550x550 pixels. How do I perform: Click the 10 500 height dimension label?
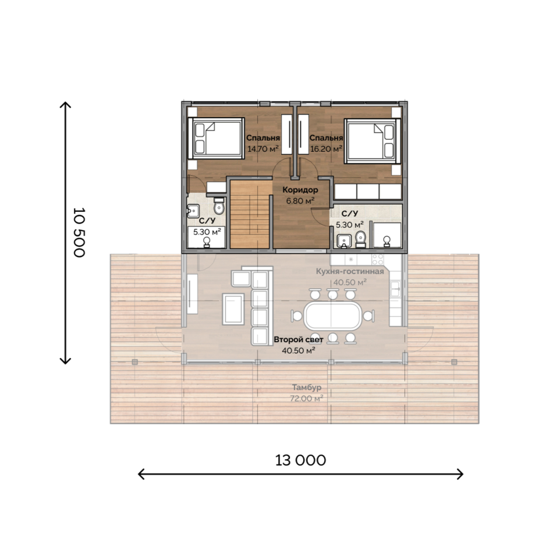79,233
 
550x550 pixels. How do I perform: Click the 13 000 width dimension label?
300,460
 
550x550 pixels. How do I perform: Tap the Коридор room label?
300,190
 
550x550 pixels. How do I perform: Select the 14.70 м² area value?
263,149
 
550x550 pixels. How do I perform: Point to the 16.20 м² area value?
326,149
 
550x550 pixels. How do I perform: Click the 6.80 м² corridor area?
300,201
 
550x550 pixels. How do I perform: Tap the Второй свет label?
299,339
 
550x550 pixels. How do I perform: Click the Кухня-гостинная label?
350,271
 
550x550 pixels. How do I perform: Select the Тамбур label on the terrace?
307,387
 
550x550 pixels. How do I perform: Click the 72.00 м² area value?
307,399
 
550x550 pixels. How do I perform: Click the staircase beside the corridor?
250,215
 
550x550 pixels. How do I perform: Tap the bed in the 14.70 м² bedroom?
216,139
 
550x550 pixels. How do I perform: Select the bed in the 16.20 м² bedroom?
372,141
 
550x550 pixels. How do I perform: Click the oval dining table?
332,315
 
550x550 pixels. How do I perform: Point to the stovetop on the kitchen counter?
378,260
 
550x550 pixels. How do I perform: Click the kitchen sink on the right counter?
396,289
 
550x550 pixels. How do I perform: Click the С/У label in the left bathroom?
207,221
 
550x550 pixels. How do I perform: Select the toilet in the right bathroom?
361,239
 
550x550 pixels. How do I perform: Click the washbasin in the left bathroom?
193,211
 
